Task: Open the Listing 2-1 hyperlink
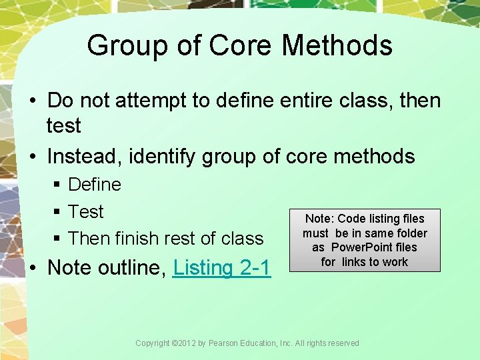221,267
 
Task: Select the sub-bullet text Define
95,184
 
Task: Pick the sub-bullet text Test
86,211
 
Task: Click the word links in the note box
359,262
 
